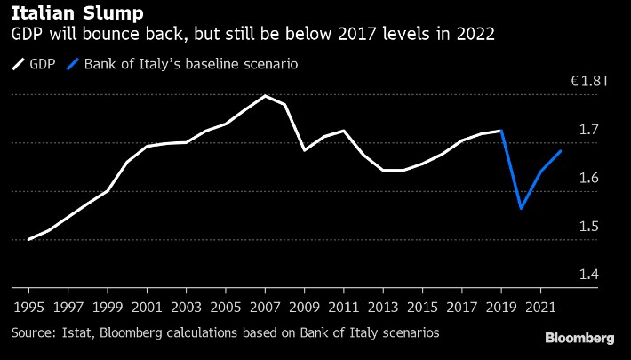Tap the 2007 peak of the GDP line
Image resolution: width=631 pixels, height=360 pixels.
tap(265, 95)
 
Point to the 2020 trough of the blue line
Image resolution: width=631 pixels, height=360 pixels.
tap(521, 208)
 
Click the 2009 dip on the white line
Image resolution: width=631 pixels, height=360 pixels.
tap(305, 150)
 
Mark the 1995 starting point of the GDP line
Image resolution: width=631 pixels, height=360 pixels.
tap(29, 239)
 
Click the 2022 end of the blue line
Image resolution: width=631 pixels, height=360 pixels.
tap(560, 151)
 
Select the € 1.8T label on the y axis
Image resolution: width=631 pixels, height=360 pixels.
tap(590, 82)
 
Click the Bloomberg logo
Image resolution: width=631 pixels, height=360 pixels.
tap(579, 338)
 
